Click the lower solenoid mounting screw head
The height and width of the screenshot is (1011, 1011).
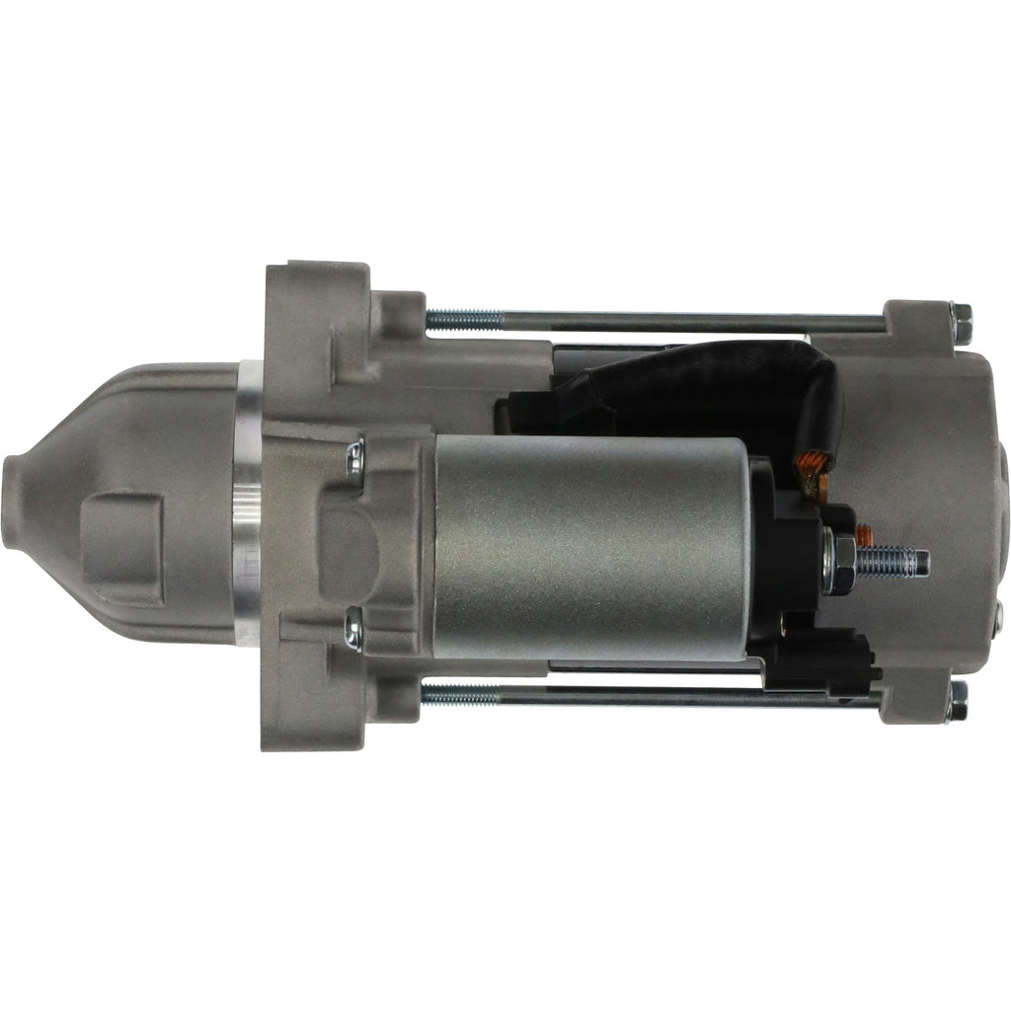point(353,629)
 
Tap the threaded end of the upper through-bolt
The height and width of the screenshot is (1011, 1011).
point(464,318)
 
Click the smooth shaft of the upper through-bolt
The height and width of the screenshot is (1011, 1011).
point(691,321)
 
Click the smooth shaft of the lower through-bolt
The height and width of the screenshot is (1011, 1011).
point(691,697)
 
